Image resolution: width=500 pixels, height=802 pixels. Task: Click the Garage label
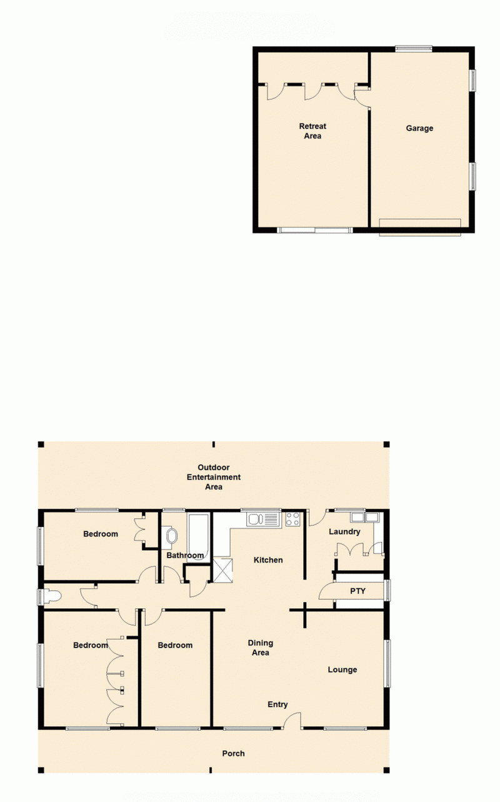419,128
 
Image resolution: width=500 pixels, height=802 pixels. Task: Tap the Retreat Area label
312,131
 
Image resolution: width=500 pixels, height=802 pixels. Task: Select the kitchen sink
262,519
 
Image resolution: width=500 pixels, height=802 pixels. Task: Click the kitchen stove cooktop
292,519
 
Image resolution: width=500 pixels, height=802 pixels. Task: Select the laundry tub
365,517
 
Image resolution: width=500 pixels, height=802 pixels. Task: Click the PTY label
357,591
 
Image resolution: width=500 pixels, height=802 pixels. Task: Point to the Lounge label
342,669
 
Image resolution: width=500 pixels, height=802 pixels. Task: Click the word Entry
277,704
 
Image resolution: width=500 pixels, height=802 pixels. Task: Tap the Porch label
233,753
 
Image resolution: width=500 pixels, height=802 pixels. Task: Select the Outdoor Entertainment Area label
214,477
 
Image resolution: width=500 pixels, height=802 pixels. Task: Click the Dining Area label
260,648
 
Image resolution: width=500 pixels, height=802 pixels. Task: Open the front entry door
292,719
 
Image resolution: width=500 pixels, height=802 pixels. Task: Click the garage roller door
420,227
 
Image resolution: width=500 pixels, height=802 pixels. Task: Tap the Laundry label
344,532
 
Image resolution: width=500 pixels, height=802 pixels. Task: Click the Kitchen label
268,560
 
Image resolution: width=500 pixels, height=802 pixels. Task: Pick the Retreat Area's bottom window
314,230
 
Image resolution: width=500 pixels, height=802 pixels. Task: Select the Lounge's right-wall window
387,663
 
